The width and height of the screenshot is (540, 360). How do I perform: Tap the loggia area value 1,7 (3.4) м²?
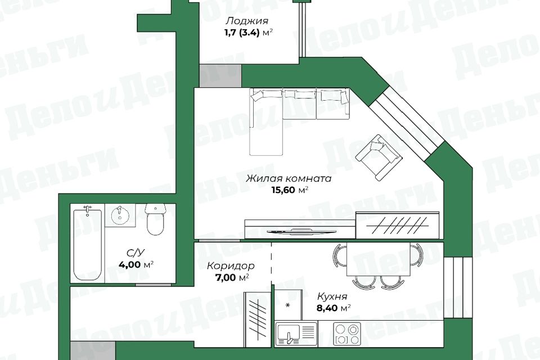pos(247,32)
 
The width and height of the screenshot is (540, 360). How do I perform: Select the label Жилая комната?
pos(288,179)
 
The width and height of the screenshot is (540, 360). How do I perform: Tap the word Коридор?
pos(230,265)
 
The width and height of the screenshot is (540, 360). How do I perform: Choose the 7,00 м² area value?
pos(228,277)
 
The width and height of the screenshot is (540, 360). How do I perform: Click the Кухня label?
pos(331,296)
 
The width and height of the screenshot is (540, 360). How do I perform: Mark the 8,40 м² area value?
pos(334,308)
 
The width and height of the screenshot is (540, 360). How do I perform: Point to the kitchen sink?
pos(296,334)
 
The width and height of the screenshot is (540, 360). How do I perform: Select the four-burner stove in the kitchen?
pos(346,334)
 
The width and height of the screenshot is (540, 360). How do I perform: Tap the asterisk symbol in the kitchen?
pos(288,305)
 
